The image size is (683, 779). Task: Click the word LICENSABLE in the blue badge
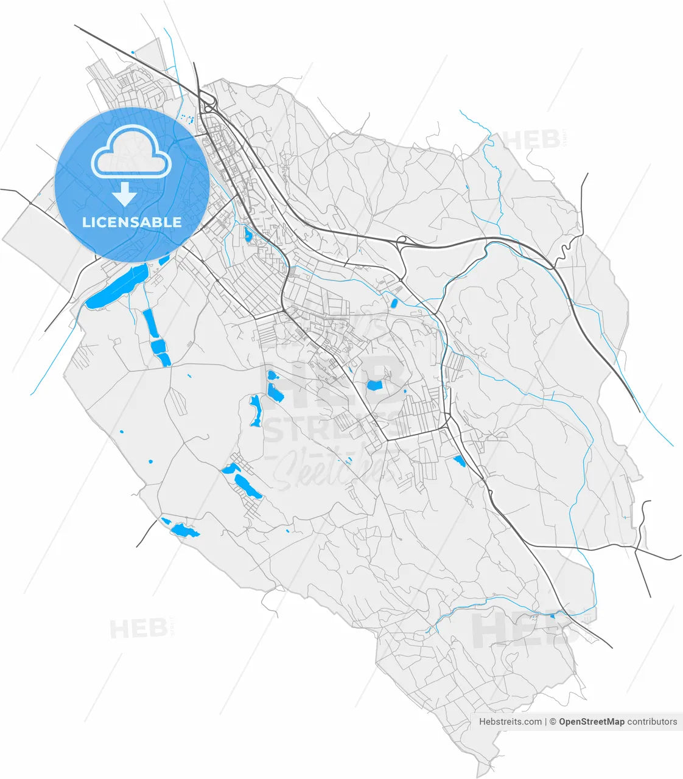click(131, 222)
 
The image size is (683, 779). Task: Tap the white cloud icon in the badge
click(130, 154)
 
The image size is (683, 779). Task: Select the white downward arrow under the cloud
click(124, 194)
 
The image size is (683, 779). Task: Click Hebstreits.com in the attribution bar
click(510, 722)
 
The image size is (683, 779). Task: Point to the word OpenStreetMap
click(591, 722)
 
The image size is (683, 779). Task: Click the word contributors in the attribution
click(652, 722)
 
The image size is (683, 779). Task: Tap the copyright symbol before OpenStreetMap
click(553, 722)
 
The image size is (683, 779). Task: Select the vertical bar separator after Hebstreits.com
click(545, 722)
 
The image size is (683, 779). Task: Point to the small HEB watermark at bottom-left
click(138, 628)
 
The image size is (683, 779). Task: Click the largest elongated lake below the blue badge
click(117, 287)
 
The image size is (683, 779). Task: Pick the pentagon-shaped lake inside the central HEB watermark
click(374, 385)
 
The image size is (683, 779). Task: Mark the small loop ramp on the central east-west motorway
click(402, 241)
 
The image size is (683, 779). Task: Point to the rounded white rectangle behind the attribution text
click(577, 722)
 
